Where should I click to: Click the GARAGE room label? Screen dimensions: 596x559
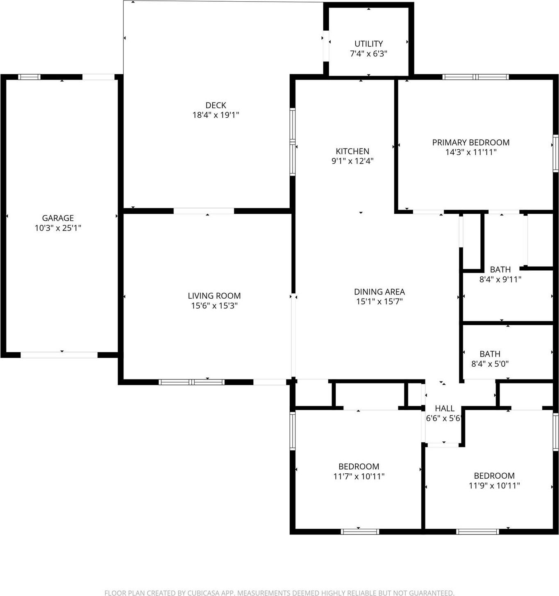pyautogui.click(x=58, y=218)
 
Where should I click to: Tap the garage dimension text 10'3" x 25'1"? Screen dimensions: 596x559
pyautogui.click(x=58, y=228)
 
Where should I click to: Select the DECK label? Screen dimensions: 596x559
pyautogui.click(x=216, y=105)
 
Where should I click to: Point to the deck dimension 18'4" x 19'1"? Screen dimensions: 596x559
pyautogui.click(x=216, y=115)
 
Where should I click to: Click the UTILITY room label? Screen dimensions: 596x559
pyautogui.click(x=368, y=43)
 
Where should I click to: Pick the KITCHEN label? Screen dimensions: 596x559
pyautogui.click(x=352, y=151)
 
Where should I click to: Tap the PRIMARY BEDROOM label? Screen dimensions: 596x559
pyautogui.click(x=470, y=142)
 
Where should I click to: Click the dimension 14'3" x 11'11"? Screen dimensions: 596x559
pyautogui.click(x=470, y=152)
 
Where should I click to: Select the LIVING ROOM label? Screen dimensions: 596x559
pyautogui.click(x=214, y=296)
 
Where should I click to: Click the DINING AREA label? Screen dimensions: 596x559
pyautogui.click(x=379, y=292)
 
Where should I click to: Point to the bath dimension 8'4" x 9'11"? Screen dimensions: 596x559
pyautogui.click(x=500, y=280)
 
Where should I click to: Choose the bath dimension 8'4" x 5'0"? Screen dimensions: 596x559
pyautogui.click(x=490, y=363)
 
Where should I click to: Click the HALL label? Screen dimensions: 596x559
pyautogui.click(x=444, y=408)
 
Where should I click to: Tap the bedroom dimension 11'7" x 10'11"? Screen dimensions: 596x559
pyautogui.click(x=359, y=476)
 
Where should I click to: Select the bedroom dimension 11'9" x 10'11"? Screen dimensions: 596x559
pyautogui.click(x=494, y=486)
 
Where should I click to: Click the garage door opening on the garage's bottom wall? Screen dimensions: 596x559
pyautogui.click(x=59, y=355)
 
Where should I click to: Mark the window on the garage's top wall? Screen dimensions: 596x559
pyautogui.click(x=30, y=77)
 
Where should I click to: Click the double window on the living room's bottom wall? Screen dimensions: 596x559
pyautogui.click(x=191, y=382)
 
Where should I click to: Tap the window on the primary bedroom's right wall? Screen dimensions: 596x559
pyautogui.click(x=555, y=153)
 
